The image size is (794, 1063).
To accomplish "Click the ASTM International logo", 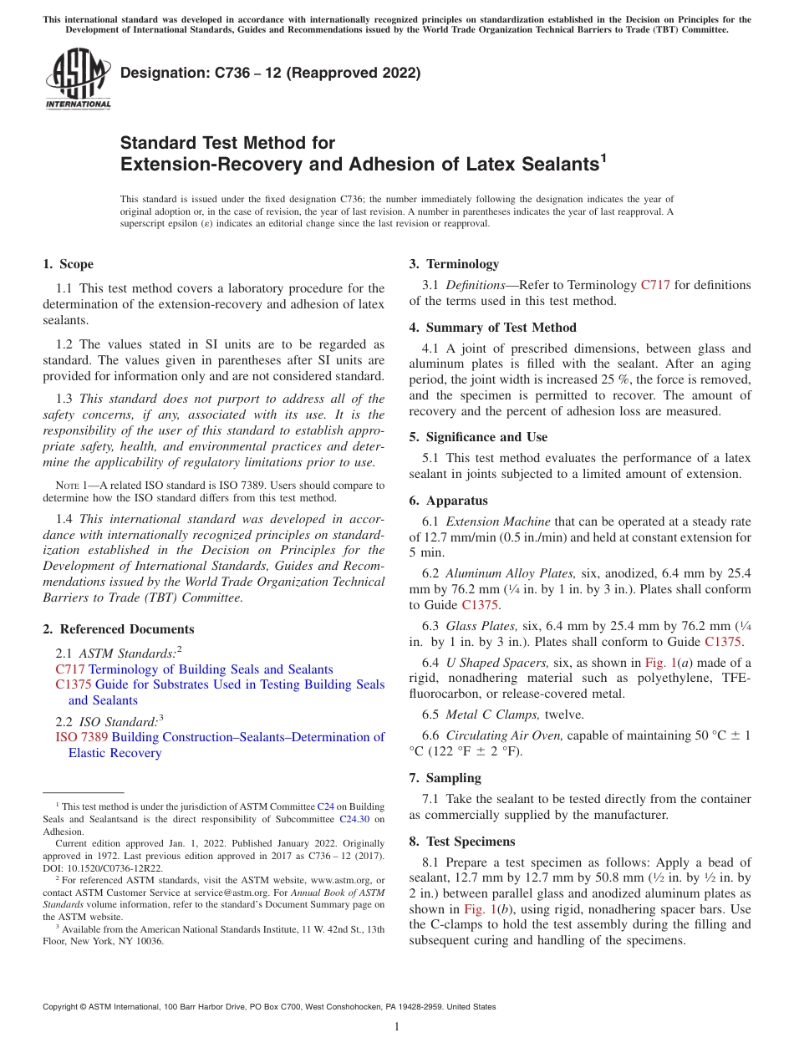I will click(78, 79).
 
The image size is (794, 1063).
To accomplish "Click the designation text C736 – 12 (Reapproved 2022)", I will click(270, 74).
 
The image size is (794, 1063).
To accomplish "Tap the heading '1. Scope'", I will click(68, 264).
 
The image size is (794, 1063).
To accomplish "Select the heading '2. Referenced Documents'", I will click(118, 629).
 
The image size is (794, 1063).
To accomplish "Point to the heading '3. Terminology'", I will click(454, 264).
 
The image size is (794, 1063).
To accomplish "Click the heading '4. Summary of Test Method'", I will click(492, 328).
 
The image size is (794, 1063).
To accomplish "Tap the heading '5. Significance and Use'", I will click(478, 437).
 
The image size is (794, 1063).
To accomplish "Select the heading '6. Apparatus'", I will click(448, 501).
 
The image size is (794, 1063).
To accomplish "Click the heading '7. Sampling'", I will click(445, 778).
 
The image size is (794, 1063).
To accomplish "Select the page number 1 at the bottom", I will click(397, 1027).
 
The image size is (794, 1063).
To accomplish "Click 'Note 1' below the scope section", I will click(66, 486).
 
